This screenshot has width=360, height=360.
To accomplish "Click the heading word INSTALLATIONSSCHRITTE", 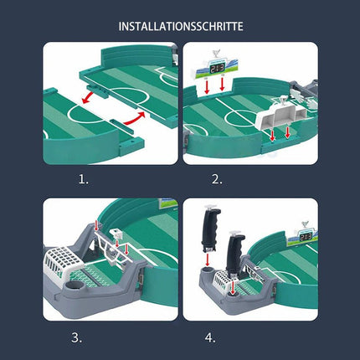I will (180, 26).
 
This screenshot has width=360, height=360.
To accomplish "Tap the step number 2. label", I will (217, 178).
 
